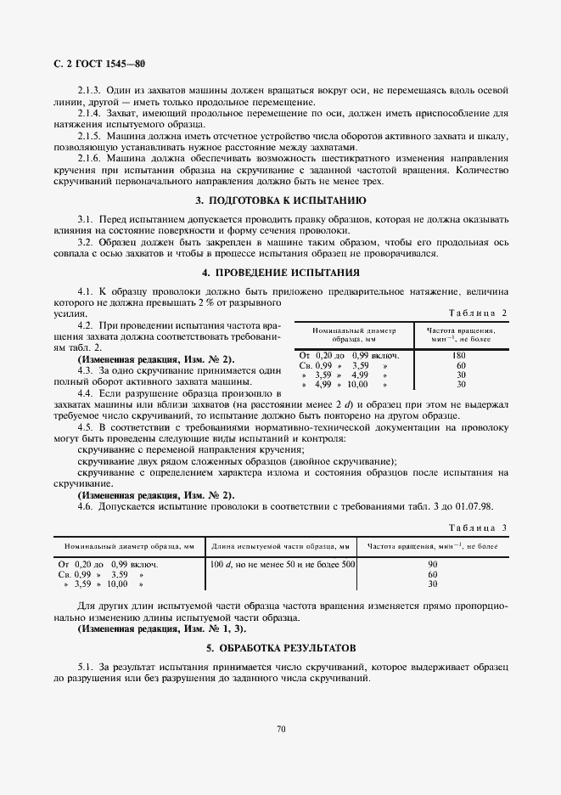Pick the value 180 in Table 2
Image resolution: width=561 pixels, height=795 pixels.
(461, 354)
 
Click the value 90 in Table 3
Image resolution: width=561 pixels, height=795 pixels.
(432, 564)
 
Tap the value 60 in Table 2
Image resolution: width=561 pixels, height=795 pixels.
(461, 364)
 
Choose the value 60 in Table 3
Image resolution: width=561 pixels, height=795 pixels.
(432, 574)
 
